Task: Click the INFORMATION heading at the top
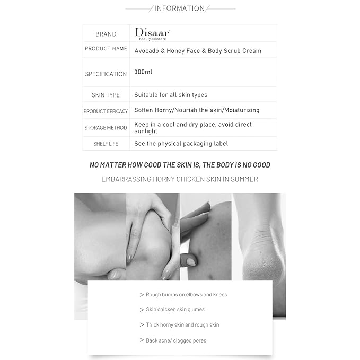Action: click(x=179, y=8)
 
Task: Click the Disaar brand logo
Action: click(x=152, y=33)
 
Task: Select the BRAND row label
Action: click(x=106, y=34)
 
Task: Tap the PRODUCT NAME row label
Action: click(x=106, y=49)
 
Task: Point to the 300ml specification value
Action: click(x=143, y=72)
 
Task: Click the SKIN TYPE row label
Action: click(x=106, y=95)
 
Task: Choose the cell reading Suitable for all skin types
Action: click(x=171, y=95)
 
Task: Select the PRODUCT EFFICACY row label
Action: click(x=106, y=111)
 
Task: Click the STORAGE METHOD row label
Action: click(x=106, y=128)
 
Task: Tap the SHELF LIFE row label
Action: click(x=106, y=144)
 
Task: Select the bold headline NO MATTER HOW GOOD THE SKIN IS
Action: click(x=180, y=165)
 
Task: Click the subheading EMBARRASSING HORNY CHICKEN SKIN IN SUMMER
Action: click(x=180, y=179)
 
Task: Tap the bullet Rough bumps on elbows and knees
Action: click(x=186, y=295)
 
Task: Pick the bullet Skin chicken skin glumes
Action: click(x=175, y=310)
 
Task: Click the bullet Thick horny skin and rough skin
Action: click(x=182, y=325)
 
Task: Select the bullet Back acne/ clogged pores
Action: click(x=176, y=340)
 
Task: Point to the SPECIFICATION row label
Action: click(x=106, y=74)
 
